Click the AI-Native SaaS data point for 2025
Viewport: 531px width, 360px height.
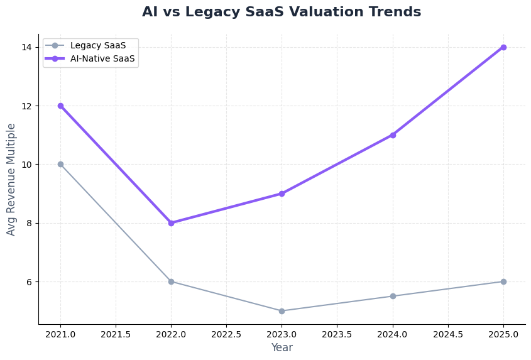pyautogui.click(x=503, y=47)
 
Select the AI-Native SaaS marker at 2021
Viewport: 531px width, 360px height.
pyautogui.click(x=60, y=106)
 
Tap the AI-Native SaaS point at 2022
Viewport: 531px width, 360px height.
pyautogui.click(x=171, y=223)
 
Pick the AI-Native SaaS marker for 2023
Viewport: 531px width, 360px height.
pyautogui.click(x=282, y=194)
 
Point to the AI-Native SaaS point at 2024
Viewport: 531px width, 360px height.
pyautogui.click(x=393, y=135)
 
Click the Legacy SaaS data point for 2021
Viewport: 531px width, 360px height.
pyautogui.click(x=60, y=164)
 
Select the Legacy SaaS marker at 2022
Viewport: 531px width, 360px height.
pyautogui.click(x=171, y=281)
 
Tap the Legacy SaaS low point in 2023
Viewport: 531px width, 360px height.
pyautogui.click(x=282, y=311)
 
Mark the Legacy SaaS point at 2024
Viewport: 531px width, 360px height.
pyautogui.click(x=393, y=296)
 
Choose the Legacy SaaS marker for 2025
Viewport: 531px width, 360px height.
pyautogui.click(x=503, y=281)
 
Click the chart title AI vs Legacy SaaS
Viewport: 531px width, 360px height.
pyautogui.click(x=282, y=12)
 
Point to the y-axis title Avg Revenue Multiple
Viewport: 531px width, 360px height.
pyautogui.click(x=11, y=179)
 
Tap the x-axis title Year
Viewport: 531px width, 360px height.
pyautogui.click(x=282, y=347)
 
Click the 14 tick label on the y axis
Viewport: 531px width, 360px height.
pyautogui.click(x=27, y=47)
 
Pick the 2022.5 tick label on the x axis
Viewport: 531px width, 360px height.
pyautogui.click(x=226, y=334)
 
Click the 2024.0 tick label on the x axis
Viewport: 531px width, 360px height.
pyautogui.click(x=393, y=334)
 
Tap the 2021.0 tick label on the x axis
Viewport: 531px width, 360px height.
pyautogui.click(x=60, y=334)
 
